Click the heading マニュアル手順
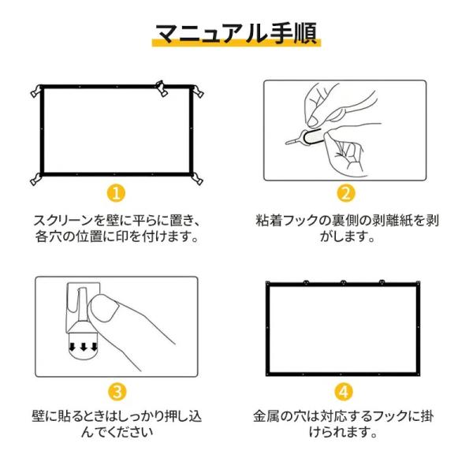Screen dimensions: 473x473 (236, 33)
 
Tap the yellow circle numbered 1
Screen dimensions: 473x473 (116, 193)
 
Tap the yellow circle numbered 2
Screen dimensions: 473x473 (346, 193)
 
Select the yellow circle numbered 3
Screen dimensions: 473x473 (117, 392)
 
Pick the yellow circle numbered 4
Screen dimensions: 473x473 (344, 392)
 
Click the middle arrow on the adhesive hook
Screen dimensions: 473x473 (84, 347)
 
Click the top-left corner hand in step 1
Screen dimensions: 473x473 (36, 91)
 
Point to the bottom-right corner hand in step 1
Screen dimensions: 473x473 (197, 179)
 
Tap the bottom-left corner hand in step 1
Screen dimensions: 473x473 (36, 179)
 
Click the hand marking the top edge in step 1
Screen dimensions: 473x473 (162, 88)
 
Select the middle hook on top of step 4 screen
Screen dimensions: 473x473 (344, 283)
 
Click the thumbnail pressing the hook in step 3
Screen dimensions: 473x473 (104, 307)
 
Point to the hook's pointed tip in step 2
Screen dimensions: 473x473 (288, 143)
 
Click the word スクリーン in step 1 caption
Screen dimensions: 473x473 (64, 221)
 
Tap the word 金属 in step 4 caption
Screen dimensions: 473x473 (266, 416)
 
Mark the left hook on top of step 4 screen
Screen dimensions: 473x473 (306, 283)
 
